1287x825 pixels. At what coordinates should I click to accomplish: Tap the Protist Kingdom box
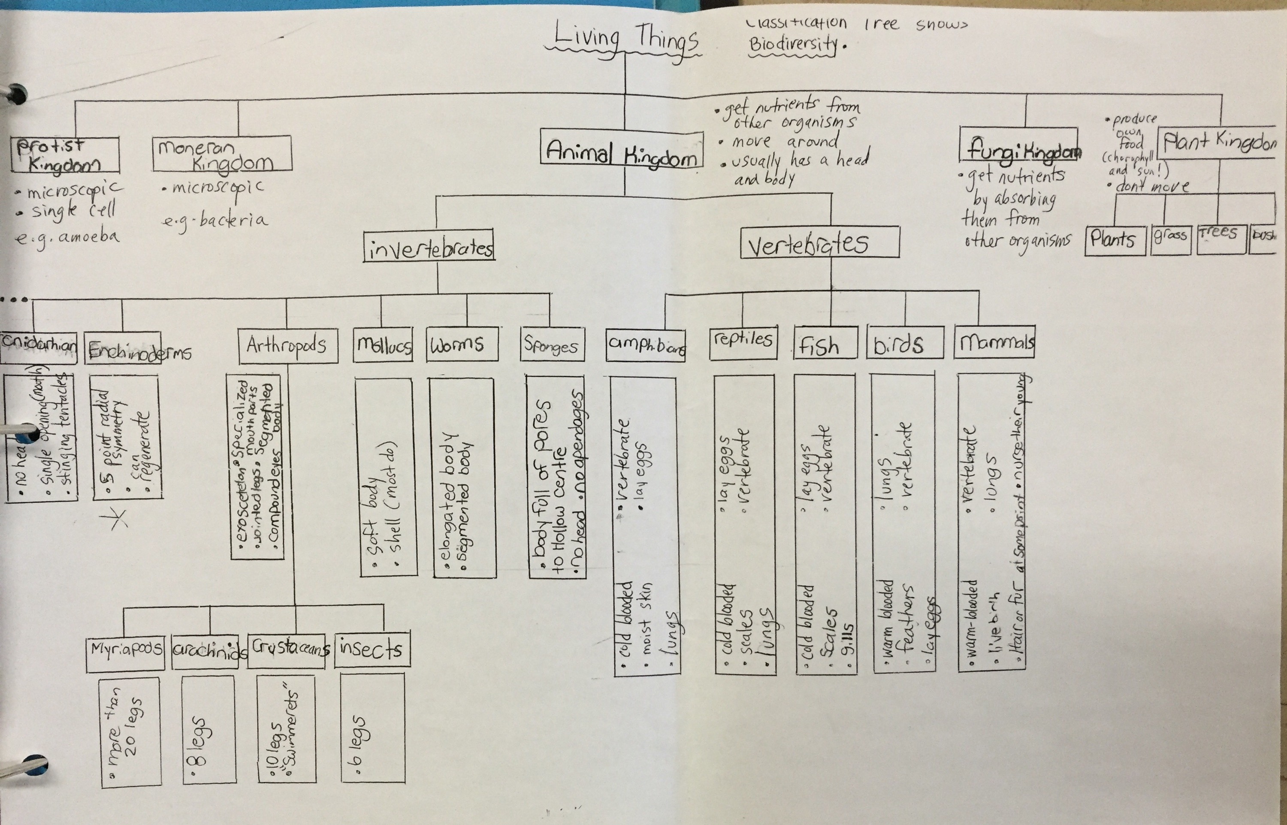tap(65, 154)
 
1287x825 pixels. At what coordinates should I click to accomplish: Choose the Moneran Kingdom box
tap(222, 154)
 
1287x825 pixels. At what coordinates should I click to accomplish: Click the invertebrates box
tap(429, 246)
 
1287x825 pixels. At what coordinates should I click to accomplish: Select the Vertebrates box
tap(819, 243)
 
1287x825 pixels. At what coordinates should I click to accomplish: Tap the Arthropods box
tap(287, 346)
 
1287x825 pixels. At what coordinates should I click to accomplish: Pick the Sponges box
tap(552, 345)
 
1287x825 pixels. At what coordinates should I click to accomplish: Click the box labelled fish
tap(825, 343)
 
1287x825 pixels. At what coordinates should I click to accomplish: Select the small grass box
tap(1170, 239)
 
